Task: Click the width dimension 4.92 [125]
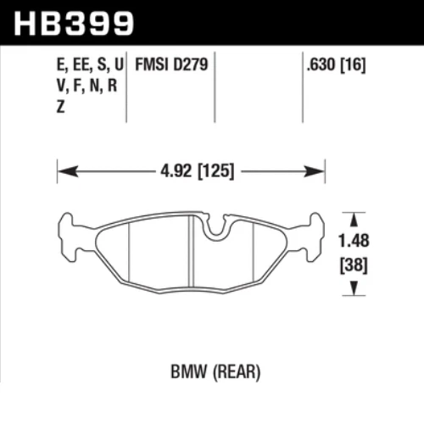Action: click(192, 170)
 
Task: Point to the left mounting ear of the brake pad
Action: click(70, 233)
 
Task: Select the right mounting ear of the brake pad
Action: click(314, 233)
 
